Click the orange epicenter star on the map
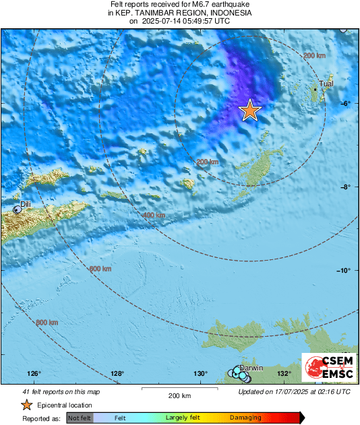[x=250, y=110]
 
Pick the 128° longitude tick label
[x=117, y=374]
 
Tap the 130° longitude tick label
[x=200, y=374]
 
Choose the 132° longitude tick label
[x=284, y=374]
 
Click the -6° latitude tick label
[x=345, y=103]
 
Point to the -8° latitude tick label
[x=345, y=187]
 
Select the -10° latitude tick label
[x=344, y=271]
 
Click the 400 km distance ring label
[x=154, y=215]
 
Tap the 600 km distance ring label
[x=100, y=269]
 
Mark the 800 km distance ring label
[x=47, y=323]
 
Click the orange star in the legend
[x=26, y=405]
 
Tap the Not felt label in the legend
[x=78, y=418]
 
